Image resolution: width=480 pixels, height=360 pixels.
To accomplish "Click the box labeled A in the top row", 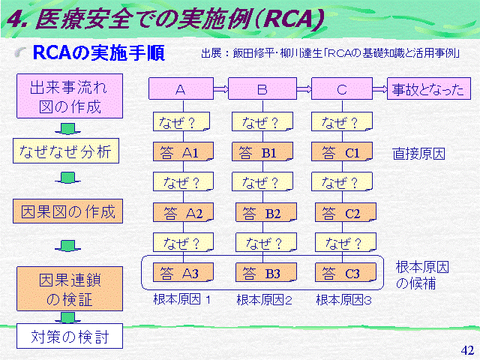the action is point(181,88).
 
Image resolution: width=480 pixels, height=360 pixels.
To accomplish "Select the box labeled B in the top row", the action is point(262,88).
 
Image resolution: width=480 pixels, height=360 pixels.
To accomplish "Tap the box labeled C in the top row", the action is point(342,88).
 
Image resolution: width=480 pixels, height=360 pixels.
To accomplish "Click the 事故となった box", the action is point(428,88).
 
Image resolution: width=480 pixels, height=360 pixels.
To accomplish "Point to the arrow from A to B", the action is point(221,89).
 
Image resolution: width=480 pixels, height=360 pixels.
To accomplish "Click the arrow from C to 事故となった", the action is point(380,89).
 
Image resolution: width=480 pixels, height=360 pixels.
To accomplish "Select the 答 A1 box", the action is point(183,151).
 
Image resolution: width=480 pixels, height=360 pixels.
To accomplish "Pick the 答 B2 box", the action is point(266,211).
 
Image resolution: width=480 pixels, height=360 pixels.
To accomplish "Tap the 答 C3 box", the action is point(346,272).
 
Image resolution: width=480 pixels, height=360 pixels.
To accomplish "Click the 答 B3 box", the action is point(266,272).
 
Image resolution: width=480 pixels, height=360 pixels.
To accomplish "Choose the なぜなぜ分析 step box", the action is point(66,151).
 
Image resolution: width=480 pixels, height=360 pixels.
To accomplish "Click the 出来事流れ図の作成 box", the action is point(70,96).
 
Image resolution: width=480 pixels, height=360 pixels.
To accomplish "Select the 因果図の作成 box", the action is point(67,211).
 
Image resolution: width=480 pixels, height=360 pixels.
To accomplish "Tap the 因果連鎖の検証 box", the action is point(70,289).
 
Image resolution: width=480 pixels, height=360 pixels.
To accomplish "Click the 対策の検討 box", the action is point(70,336).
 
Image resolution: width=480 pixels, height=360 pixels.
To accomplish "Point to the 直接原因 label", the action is point(418,153).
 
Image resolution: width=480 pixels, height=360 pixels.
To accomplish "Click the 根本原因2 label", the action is point(264,300).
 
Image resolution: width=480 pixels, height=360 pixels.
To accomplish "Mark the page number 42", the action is point(467,350).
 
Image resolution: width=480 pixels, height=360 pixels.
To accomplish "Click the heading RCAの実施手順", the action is point(98,52).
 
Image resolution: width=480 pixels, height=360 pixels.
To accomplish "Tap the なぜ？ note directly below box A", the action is point(181,121).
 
